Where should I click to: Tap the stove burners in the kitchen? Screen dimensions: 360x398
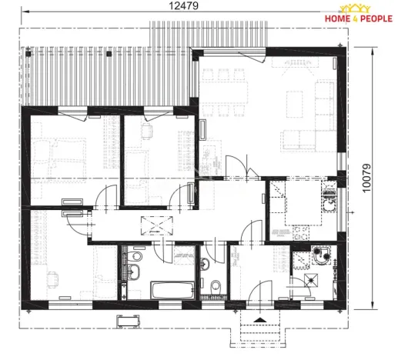(x=301, y=229)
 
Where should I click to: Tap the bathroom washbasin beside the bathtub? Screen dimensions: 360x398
(x=134, y=271)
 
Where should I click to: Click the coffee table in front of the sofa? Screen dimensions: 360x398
(x=296, y=102)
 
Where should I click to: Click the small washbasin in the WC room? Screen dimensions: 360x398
(x=205, y=265)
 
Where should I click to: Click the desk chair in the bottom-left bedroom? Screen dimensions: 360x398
(x=51, y=278)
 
